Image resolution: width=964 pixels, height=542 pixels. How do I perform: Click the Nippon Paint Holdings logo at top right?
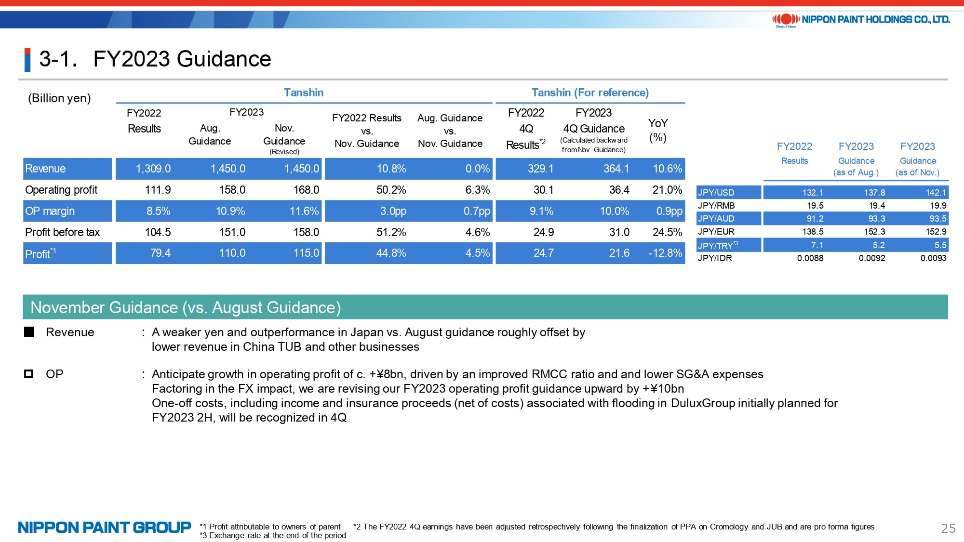pos(861,20)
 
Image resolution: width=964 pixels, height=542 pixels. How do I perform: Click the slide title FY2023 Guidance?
pos(182,59)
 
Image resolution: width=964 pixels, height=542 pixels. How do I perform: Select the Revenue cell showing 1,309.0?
pos(153,169)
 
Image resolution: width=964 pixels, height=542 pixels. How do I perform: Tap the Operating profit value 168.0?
pos(306,190)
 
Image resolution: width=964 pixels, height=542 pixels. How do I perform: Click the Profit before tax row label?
pos(62,232)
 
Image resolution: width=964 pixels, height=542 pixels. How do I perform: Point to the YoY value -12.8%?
pos(665,253)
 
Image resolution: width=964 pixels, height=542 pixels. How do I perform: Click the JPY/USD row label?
pos(716,193)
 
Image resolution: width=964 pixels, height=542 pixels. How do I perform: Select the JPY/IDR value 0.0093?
pos(933,258)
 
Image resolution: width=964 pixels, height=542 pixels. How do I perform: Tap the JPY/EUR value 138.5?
pos(813,232)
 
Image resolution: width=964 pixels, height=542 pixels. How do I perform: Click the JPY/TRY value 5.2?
pos(879,245)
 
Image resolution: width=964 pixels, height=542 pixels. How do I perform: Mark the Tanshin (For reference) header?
pos(590,93)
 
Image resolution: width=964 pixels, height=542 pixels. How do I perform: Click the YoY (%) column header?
pos(657,130)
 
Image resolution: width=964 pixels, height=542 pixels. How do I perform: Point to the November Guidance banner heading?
pos(186,307)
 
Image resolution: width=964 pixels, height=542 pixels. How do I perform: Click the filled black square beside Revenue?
pos(29,332)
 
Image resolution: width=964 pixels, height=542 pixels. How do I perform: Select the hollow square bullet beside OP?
pos(29,374)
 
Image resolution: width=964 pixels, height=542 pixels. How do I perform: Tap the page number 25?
pos(948,529)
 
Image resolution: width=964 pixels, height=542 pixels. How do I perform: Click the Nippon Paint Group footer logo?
pos(105,528)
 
